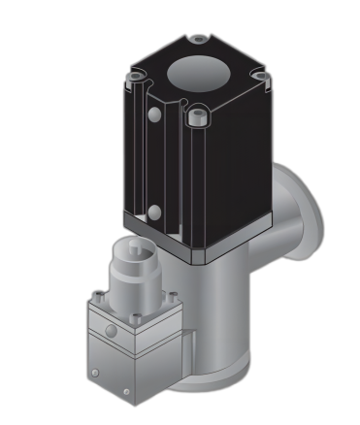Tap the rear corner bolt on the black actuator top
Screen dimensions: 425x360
[x=198, y=40]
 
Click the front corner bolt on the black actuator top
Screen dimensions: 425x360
[x=200, y=116]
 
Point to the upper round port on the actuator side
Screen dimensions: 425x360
[x=152, y=115]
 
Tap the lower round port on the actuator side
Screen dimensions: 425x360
[x=152, y=212]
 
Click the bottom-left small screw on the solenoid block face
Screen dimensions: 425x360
[x=93, y=371]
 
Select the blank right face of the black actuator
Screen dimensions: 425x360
[x=237, y=175]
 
